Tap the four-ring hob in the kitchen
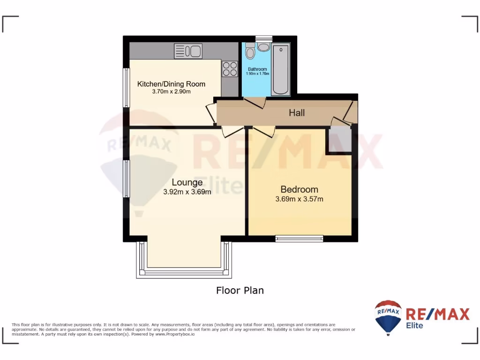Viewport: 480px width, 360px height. tap(229, 69)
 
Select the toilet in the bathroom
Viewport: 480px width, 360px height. tap(250, 51)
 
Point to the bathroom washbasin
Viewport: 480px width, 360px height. tap(263, 47)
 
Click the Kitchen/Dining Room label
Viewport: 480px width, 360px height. tap(171, 84)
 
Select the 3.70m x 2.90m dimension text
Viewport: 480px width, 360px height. tap(171, 92)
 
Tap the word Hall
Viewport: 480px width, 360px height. tap(297, 113)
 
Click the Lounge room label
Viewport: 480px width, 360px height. tap(187, 182)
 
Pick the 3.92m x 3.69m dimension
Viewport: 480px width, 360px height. tap(187, 192)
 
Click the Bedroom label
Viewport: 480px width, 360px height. tap(299, 189)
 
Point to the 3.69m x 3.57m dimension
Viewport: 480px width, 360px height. tap(299, 199)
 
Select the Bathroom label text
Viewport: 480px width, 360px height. tap(257, 69)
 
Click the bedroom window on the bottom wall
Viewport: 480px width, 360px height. tap(299, 239)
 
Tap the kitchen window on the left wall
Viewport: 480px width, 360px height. tap(126, 88)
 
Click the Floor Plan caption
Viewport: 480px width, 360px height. tap(240, 291)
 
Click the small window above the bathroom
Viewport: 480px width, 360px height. tap(263, 38)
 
